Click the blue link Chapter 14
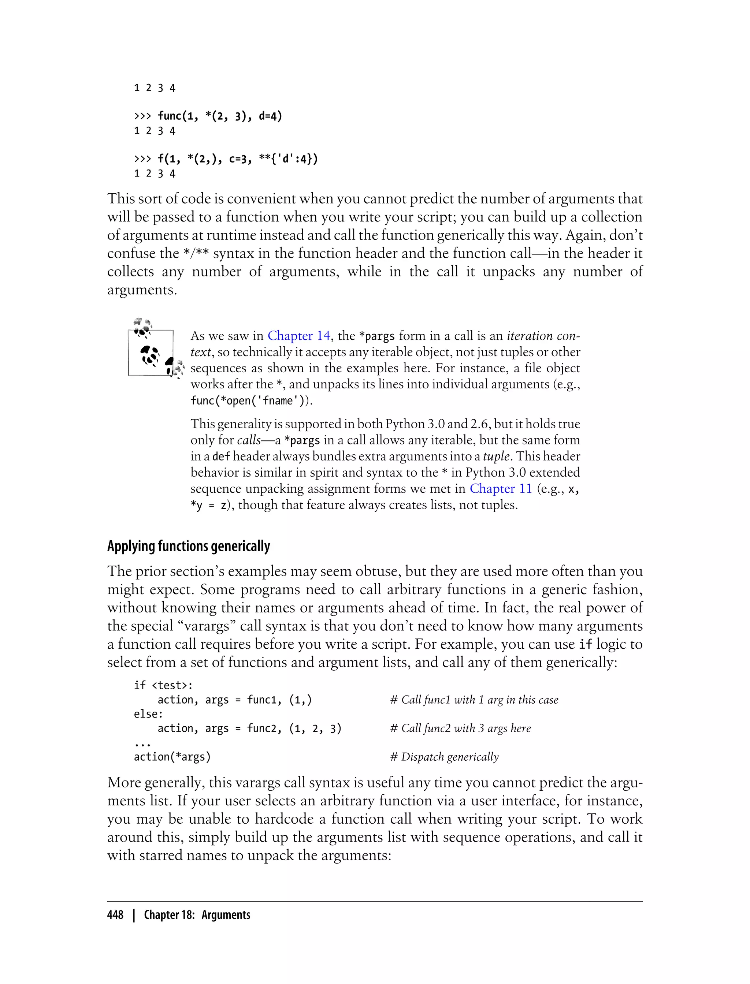click(299, 336)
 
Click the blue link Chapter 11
click(501, 489)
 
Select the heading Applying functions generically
click(188, 546)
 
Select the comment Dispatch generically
click(444, 757)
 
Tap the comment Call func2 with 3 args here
click(460, 728)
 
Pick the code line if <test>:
click(163, 685)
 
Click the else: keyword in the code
click(148, 714)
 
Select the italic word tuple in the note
click(496, 456)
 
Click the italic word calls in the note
click(249, 440)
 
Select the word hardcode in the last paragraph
click(285, 819)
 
